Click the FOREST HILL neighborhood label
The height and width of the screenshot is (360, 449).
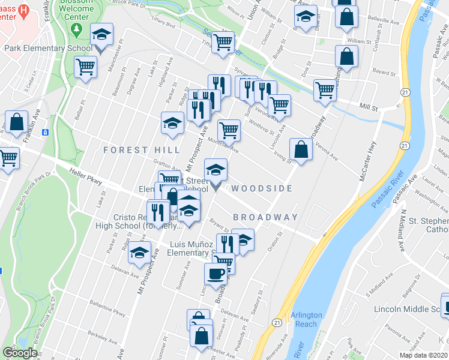click(x=142, y=149)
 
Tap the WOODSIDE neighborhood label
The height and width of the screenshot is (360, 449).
click(x=262, y=188)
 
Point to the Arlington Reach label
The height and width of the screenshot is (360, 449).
click(x=306, y=319)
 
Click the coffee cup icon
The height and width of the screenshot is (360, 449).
click(x=215, y=273)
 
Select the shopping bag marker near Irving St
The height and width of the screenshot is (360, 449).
click(x=301, y=149)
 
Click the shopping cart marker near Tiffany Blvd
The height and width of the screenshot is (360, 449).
click(x=223, y=43)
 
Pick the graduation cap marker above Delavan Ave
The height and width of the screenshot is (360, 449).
click(x=139, y=254)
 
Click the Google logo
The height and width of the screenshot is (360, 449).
click(x=20, y=353)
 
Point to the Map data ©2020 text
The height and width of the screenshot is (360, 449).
click(x=424, y=355)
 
